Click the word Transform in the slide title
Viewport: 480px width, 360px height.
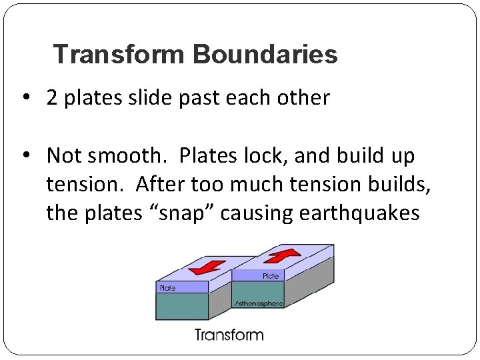pos(120,55)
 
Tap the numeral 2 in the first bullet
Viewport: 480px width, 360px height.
pos(52,98)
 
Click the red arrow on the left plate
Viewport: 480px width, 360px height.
pos(207,268)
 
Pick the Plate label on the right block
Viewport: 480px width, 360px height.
pos(271,275)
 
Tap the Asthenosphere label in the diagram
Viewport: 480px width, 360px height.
pos(259,303)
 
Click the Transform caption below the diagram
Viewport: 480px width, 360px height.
pos(229,335)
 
